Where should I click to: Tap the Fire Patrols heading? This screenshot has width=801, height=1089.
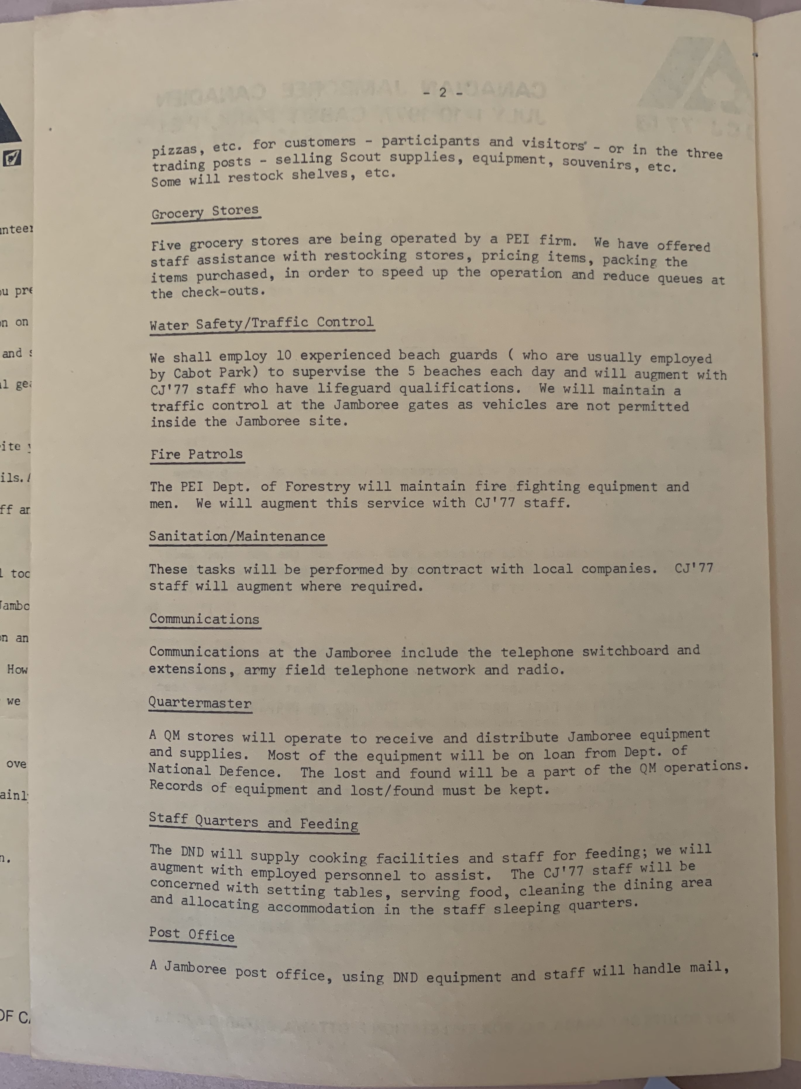196,454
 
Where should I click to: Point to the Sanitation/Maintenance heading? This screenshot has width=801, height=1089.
237,536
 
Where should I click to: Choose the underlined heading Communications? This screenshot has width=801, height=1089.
204,619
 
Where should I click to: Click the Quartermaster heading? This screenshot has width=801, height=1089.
200,703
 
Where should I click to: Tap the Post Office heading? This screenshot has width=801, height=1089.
192,934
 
